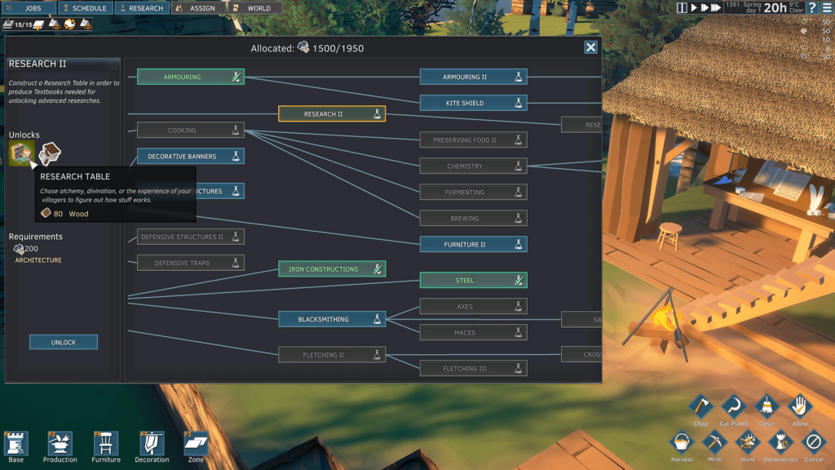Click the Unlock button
tap(64, 342)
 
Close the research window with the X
tap(590, 47)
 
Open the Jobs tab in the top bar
tap(29, 8)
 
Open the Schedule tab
tap(85, 8)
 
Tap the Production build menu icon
tap(60, 446)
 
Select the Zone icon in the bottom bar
tap(196, 446)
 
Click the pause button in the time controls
tap(683, 7)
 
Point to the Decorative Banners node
tap(190, 156)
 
